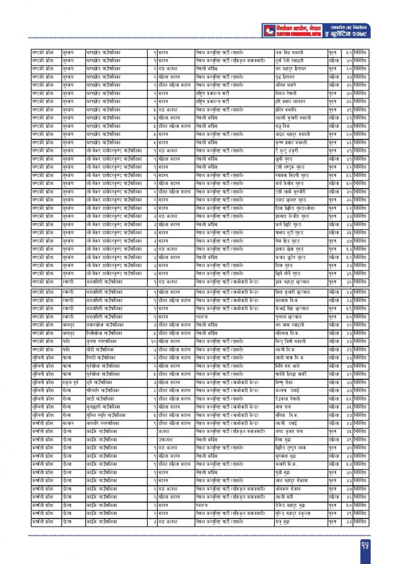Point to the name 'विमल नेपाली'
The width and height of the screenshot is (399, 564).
click(286, 93)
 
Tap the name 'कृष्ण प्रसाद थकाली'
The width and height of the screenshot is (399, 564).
click(291, 142)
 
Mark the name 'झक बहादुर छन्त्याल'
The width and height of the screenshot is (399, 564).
click(292, 282)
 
